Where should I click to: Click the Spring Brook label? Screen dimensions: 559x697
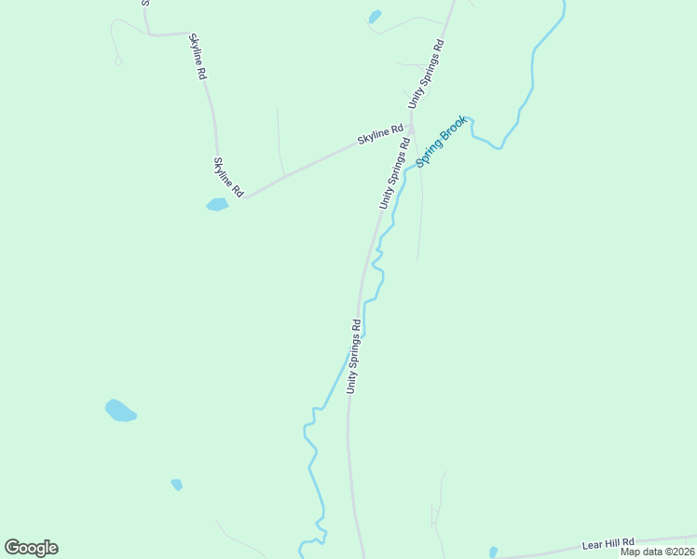[441, 141]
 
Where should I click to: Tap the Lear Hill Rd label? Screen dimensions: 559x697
[608, 541]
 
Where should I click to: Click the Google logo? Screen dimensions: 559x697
[31, 548]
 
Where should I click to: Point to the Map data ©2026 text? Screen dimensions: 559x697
[657, 552]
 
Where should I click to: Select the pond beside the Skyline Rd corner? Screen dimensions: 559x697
[217, 205]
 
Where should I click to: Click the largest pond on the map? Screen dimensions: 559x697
[120, 410]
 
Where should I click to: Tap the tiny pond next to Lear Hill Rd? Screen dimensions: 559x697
[493, 552]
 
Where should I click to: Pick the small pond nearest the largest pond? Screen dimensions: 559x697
[177, 484]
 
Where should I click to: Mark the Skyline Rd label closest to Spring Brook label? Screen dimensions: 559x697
[380, 134]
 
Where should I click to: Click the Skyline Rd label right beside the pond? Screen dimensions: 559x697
[228, 177]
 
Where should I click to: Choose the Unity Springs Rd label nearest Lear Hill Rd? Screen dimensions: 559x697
[353, 356]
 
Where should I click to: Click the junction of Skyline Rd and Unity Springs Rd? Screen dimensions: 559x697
[411, 127]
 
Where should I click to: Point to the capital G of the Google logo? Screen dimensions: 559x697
[13, 548]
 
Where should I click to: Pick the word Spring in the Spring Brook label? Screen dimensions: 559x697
[430, 152]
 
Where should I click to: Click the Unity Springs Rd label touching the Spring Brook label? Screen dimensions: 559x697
[394, 173]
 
